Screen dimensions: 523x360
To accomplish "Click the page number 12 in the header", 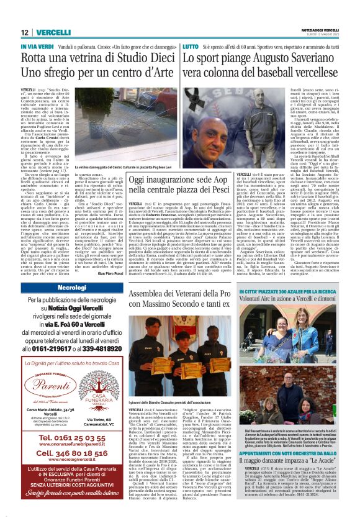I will point(25,32).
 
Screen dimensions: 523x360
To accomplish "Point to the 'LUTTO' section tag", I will point(190,47).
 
